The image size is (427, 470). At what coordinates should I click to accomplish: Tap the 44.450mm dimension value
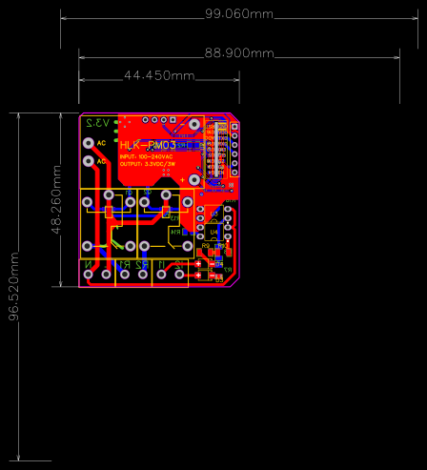(x=159, y=75)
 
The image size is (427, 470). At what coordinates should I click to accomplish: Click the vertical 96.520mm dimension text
(x=14, y=287)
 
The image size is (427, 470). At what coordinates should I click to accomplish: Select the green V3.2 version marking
(x=97, y=123)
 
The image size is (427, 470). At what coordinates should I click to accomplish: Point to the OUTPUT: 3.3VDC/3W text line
(x=148, y=164)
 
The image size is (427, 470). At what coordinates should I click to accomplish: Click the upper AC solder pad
(x=90, y=143)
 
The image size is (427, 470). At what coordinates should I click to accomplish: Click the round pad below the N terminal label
(x=90, y=276)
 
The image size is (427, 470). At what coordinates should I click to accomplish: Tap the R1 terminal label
(x=122, y=263)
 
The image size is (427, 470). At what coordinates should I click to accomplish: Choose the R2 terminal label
(x=141, y=263)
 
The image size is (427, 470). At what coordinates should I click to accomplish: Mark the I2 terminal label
(x=180, y=263)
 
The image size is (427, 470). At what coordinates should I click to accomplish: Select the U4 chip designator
(x=215, y=232)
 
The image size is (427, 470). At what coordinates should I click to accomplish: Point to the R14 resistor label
(x=174, y=232)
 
